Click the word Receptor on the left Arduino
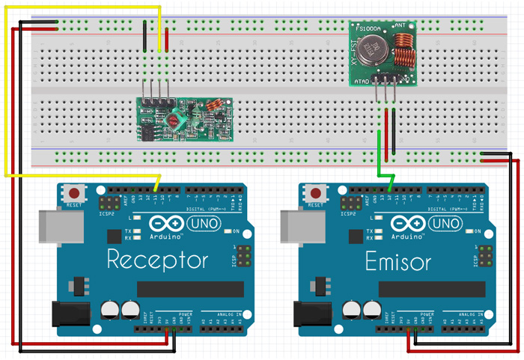click(x=157, y=260)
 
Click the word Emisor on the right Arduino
click(x=397, y=261)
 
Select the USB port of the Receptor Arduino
click(x=61, y=228)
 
